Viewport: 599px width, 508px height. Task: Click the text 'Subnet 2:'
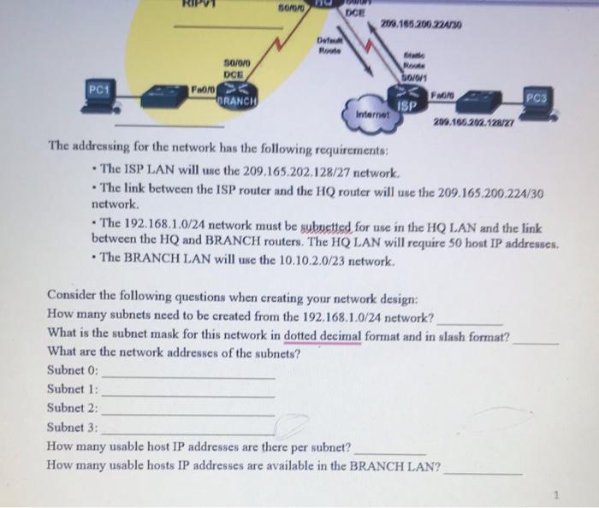(x=73, y=408)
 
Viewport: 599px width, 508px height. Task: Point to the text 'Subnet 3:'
(x=73, y=427)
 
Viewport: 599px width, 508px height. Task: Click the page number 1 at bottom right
(x=555, y=493)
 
